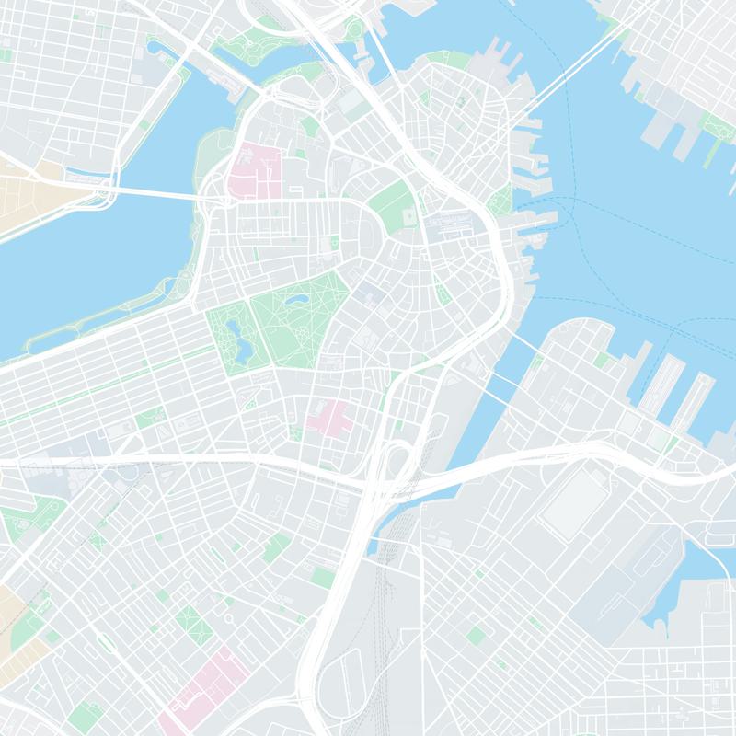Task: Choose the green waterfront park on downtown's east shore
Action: point(502,197)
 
